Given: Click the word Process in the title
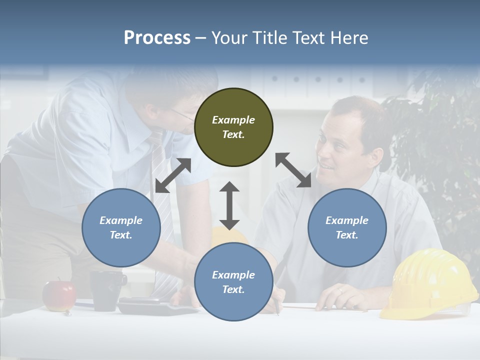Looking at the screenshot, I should point(157,37).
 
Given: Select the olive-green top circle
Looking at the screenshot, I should point(233,127).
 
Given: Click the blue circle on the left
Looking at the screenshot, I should point(121,227).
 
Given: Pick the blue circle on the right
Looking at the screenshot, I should point(347,227).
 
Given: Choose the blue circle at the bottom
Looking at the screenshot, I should point(233,282).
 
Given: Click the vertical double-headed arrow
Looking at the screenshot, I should point(229,205).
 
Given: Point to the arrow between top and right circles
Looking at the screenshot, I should point(293,170).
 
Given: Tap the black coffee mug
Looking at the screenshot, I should point(106,290).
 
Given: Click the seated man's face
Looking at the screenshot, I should point(340,145).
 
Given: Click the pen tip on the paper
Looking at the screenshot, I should point(278,313).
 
